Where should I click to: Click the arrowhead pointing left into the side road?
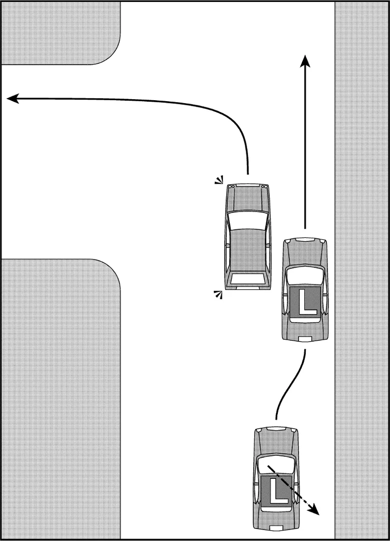click(13, 99)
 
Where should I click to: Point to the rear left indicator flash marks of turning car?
click(217, 295)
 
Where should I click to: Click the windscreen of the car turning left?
click(247, 219)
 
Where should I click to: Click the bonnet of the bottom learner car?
click(276, 443)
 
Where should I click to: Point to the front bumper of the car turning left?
click(247, 185)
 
